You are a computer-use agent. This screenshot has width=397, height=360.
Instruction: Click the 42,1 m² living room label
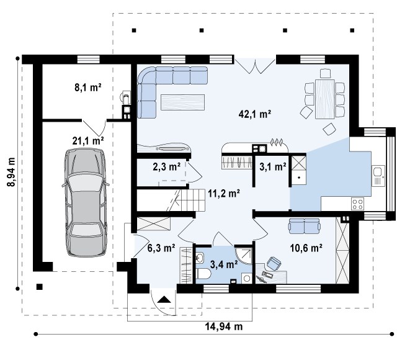tap(255, 114)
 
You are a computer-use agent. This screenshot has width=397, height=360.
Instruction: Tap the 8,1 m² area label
tap(88, 88)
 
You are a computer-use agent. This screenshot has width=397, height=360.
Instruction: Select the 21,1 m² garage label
tap(88, 141)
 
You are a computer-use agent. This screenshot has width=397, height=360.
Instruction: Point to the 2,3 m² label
tap(167, 167)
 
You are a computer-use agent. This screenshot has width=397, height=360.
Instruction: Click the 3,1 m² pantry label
tap(273, 167)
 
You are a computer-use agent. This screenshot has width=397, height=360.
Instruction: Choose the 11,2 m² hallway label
tap(224, 194)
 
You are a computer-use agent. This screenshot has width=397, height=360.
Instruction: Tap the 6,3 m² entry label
tap(161, 248)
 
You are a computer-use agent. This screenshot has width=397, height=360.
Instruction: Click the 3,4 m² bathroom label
tap(224, 265)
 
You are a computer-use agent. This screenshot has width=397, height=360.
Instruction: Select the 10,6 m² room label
tap(306, 248)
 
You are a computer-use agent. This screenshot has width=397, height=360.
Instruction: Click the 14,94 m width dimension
tap(223, 326)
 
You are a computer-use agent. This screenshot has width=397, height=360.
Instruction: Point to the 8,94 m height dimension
tap(11, 172)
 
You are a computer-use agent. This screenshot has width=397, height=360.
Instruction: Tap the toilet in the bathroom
tap(203, 274)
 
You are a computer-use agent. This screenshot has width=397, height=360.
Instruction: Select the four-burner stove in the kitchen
tap(357, 204)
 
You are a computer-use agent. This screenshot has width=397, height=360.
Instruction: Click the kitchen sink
tap(378, 176)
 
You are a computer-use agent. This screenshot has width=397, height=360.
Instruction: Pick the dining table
tap(325, 99)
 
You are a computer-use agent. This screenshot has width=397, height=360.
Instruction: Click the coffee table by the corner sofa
tap(182, 102)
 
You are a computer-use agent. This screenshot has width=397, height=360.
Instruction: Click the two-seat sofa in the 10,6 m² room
tap(304, 226)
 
